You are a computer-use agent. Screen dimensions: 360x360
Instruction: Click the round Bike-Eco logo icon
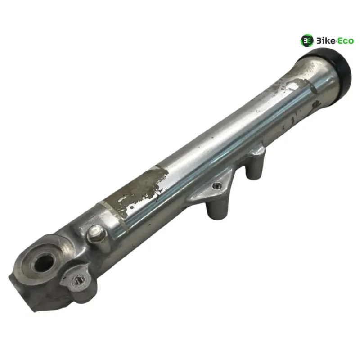click(x=307, y=41)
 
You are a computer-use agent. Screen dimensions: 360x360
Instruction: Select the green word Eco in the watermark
click(x=346, y=41)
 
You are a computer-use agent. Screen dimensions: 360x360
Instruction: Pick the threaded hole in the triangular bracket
click(x=216, y=185)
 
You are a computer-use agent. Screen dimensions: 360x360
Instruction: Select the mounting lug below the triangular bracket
click(x=216, y=209)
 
